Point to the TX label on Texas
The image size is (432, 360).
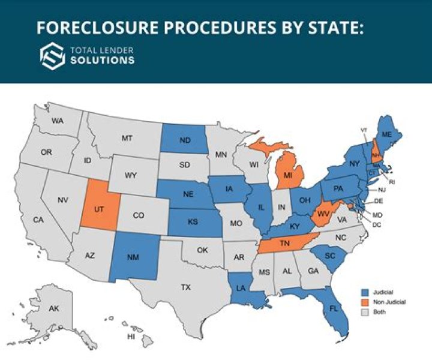click(x=186, y=287)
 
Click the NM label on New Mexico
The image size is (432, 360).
click(x=133, y=257)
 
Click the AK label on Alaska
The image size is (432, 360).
click(x=54, y=308)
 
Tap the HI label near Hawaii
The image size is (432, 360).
click(x=131, y=337)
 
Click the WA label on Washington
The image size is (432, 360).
click(x=58, y=121)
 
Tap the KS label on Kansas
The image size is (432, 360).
click(x=193, y=222)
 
